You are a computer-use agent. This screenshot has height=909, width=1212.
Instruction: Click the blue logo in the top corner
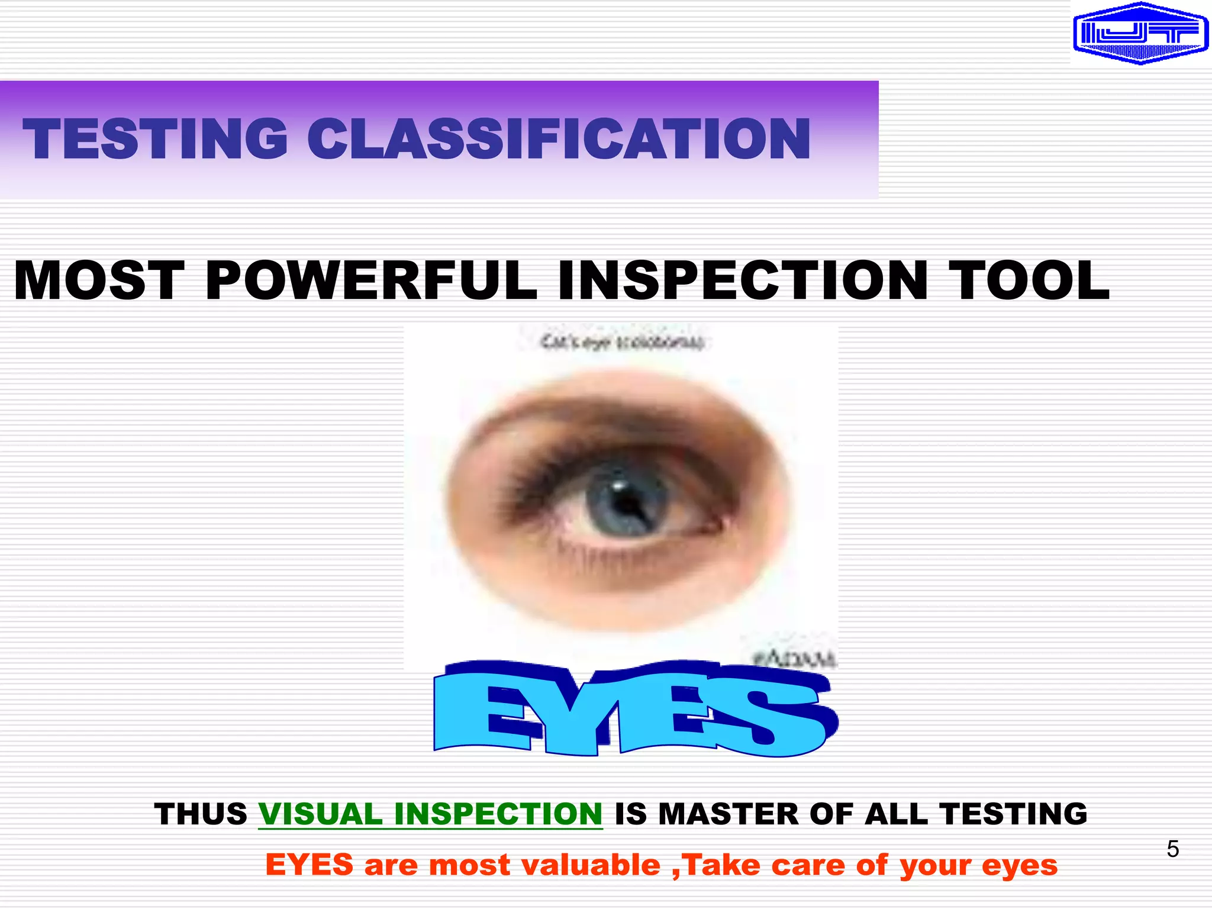pyautogui.click(x=1140, y=33)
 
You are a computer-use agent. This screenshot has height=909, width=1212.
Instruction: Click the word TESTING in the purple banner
pyautogui.click(x=155, y=139)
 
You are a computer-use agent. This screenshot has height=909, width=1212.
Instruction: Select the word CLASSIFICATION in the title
pyautogui.click(x=559, y=139)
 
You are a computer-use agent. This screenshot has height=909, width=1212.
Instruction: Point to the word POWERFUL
pyautogui.click(x=371, y=281)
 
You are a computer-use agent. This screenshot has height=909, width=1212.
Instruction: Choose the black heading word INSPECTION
pyautogui.click(x=742, y=281)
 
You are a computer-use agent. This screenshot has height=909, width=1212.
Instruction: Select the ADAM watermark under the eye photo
pyautogui.click(x=794, y=659)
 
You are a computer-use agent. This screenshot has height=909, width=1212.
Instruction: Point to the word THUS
pyautogui.click(x=201, y=814)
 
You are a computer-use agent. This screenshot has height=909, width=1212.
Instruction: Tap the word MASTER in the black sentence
pyautogui.click(x=729, y=814)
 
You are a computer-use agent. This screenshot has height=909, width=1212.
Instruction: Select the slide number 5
pyautogui.click(x=1172, y=849)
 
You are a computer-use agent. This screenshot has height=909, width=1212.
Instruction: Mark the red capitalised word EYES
pyautogui.click(x=309, y=865)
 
